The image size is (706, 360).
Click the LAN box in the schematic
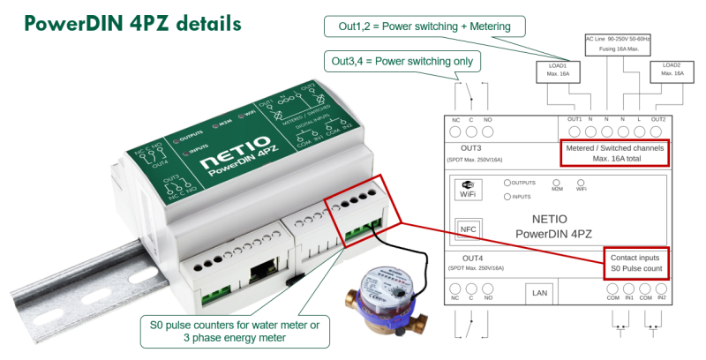point(538,292)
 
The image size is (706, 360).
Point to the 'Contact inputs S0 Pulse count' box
point(635,262)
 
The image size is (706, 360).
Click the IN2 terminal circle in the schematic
point(661,289)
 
